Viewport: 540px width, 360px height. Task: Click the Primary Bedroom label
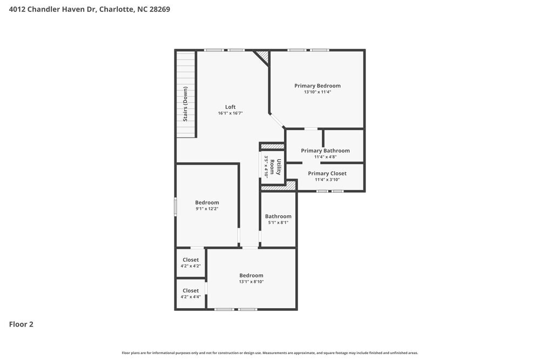point(317,85)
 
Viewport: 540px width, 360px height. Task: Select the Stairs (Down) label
point(185,104)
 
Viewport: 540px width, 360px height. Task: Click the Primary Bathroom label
point(325,151)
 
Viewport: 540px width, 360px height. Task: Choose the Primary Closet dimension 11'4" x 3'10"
point(327,180)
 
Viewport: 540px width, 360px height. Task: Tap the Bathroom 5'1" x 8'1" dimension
point(278,222)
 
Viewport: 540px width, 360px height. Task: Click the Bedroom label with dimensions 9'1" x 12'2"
point(207,202)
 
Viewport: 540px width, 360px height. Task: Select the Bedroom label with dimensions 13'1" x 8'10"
point(251,275)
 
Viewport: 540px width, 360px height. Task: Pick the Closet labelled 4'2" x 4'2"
point(190,260)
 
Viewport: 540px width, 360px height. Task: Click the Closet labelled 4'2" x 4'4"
point(190,290)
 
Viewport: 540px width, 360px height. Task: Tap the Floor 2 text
point(21,324)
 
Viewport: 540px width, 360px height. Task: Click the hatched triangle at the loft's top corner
point(264,56)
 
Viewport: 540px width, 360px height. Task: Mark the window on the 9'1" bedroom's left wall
point(175,207)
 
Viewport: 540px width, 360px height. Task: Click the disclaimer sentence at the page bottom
point(269,352)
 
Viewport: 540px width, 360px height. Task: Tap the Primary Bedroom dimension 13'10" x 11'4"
point(317,92)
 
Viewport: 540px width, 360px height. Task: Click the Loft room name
point(230,107)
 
